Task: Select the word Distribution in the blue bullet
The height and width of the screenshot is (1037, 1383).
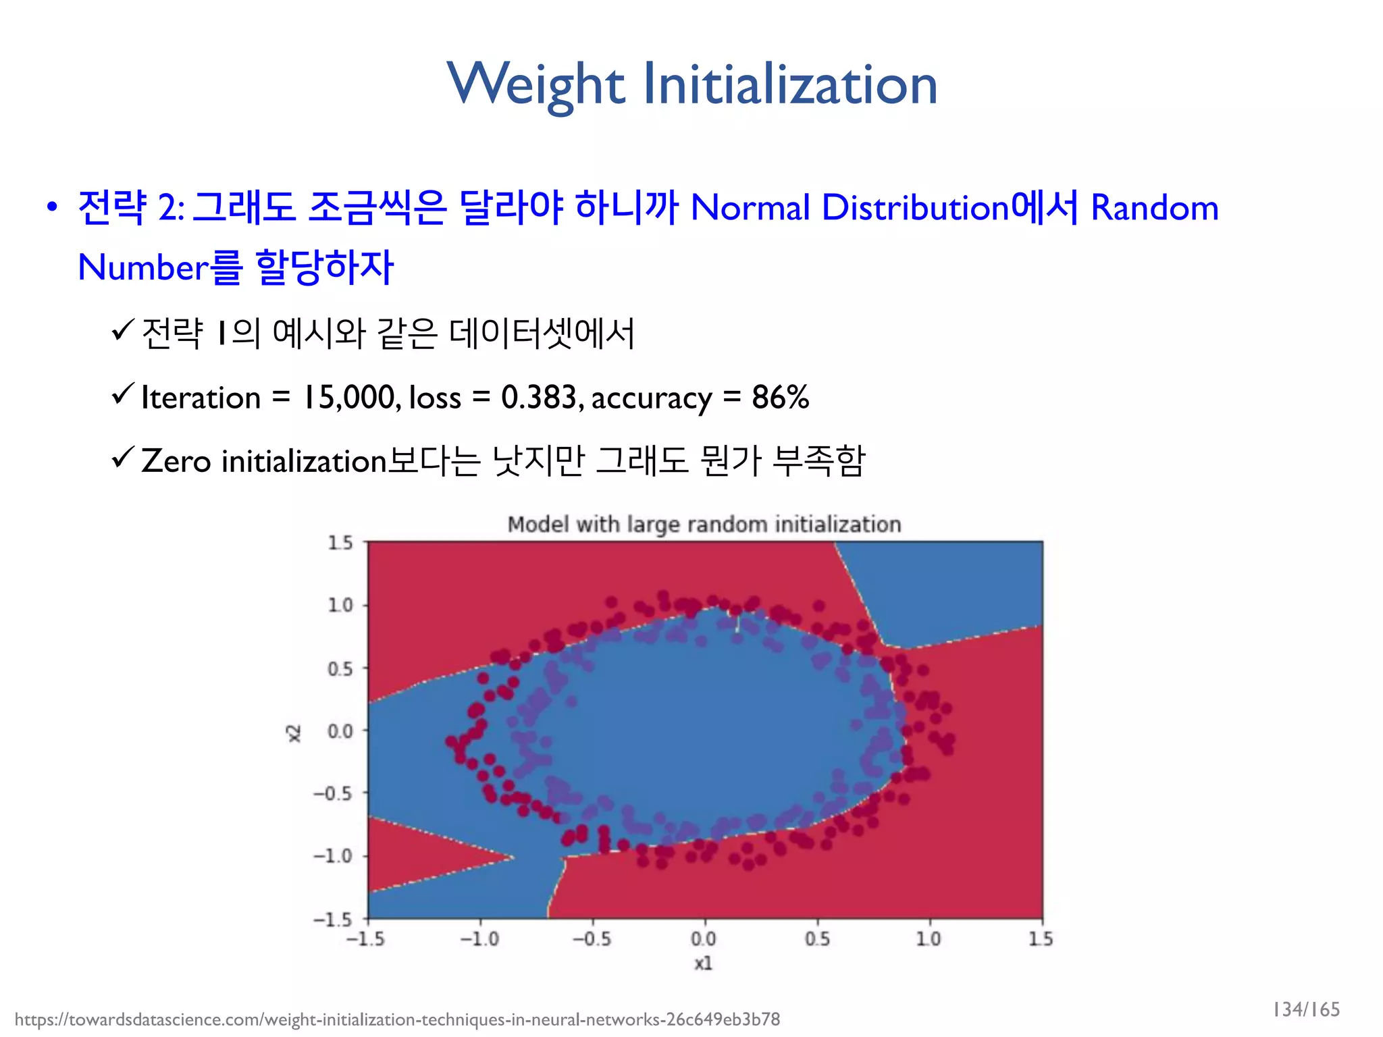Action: (915, 207)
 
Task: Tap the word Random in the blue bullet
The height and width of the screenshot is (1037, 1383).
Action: (1155, 207)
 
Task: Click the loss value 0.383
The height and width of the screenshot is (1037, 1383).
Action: (539, 397)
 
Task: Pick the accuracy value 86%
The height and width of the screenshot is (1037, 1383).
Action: (780, 397)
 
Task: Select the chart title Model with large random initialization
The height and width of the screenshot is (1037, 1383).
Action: (704, 525)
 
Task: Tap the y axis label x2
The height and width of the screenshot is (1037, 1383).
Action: (293, 733)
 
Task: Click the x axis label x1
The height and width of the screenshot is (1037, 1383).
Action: (703, 963)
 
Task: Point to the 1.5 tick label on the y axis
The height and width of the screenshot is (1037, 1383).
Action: (340, 543)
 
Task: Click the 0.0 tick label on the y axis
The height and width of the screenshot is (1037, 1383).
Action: (340, 731)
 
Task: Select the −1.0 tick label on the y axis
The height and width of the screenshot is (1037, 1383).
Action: (334, 856)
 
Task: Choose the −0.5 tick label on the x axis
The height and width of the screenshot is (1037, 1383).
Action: (592, 939)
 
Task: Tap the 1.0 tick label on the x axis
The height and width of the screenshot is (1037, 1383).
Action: (929, 939)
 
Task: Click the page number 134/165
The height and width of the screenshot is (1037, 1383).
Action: (1305, 1009)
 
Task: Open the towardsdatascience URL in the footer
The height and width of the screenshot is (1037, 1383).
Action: (397, 1019)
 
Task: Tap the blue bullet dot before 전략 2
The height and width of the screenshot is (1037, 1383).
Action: (52, 207)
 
